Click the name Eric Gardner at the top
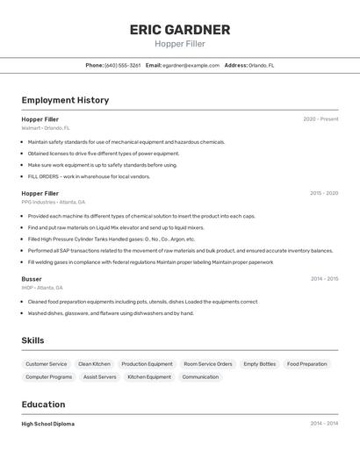180,30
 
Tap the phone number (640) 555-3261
122,65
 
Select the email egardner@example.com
191,65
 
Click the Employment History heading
65,100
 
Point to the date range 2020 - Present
320,119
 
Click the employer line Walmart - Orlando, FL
46,128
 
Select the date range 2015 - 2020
324,193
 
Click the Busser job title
32,279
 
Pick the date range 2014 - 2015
324,279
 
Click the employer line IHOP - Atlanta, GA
43,288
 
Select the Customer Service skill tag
47,364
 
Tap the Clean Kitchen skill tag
94,364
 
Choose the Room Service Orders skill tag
208,364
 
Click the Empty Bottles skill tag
259,364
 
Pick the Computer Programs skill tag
49,377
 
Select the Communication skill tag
200,377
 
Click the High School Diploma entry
48,424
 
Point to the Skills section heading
32,340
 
